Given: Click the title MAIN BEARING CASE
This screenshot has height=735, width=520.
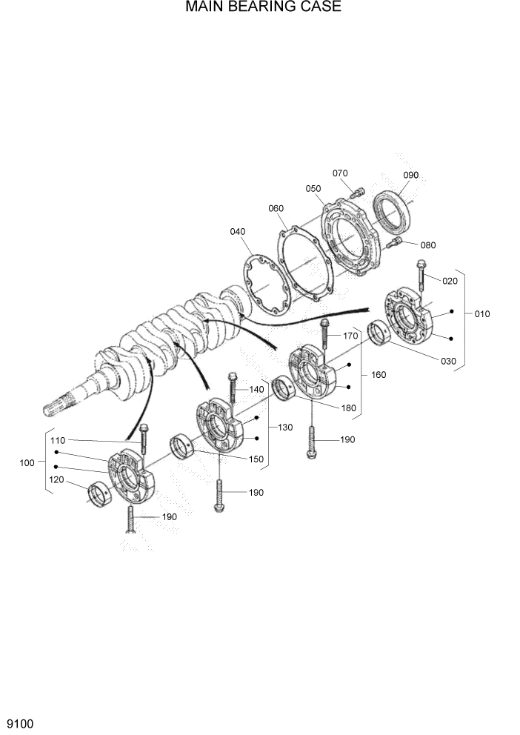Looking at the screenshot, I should click(263, 8).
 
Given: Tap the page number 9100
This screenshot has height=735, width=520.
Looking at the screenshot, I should click(20, 722).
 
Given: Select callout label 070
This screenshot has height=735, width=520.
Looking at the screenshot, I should click(340, 173).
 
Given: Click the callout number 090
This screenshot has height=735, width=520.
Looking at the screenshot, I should click(410, 175).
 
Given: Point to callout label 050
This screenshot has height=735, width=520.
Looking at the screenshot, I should click(313, 189).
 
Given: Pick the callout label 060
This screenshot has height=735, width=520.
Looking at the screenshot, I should click(276, 208).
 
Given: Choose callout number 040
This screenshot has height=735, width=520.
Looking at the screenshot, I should click(237, 232).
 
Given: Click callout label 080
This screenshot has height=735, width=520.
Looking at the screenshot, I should click(428, 245).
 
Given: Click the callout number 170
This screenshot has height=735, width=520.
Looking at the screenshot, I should click(350, 336).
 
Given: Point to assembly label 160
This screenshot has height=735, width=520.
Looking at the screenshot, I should click(379, 375).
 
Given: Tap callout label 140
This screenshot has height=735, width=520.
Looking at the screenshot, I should click(256, 389).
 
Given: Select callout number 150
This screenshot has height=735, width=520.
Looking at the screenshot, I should click(256, 459).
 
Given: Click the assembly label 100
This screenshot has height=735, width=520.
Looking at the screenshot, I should click(27, 463).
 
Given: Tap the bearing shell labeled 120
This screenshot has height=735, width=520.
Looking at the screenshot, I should click(99, 493).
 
